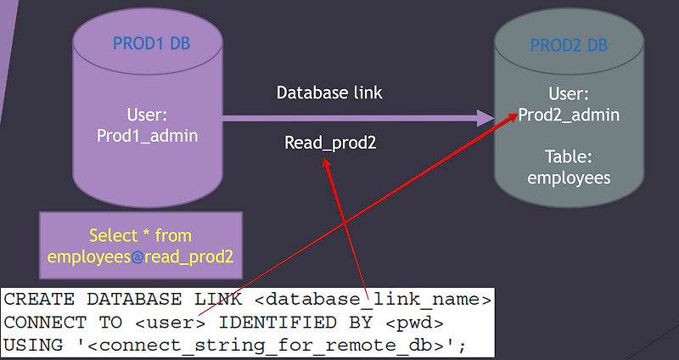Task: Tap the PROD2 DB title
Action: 568,44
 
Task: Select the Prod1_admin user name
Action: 148,134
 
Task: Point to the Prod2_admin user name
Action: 569,115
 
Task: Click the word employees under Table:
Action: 569,177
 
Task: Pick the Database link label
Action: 335,93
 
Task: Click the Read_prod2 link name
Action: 330,143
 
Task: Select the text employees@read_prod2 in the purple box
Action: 140,256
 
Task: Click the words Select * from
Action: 141,235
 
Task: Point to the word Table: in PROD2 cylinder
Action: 569,157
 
